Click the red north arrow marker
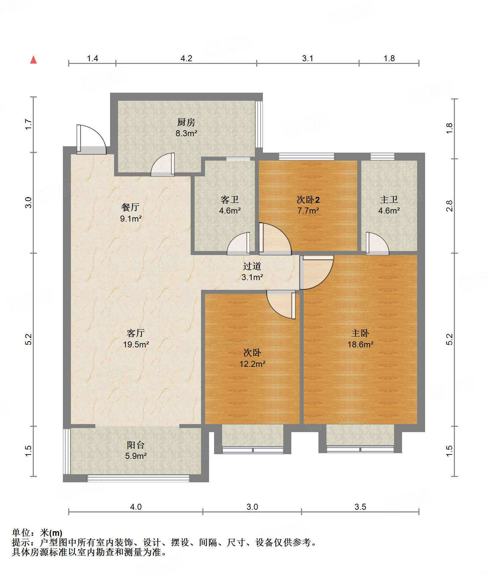tap(33, 60)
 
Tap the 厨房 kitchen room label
tap(186, 122)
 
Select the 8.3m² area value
tap(186, 133)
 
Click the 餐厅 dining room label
tap(130, 207)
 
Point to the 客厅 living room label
tap(136, 333)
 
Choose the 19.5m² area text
tap(136, 344)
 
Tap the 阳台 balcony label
tap(136, 445)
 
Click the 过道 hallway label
tap(252, 266)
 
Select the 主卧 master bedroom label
tap(360, 333)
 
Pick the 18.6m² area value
tap(360, 344)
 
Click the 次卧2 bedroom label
tap(308, 200)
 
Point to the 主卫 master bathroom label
tap(389, 200)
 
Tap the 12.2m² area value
tap(252, 363)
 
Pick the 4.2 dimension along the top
tap(186, 58)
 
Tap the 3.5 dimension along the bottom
tap(360, 507)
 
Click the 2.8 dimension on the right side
tap(450, 206)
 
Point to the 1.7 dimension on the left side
tap(29, 125)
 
